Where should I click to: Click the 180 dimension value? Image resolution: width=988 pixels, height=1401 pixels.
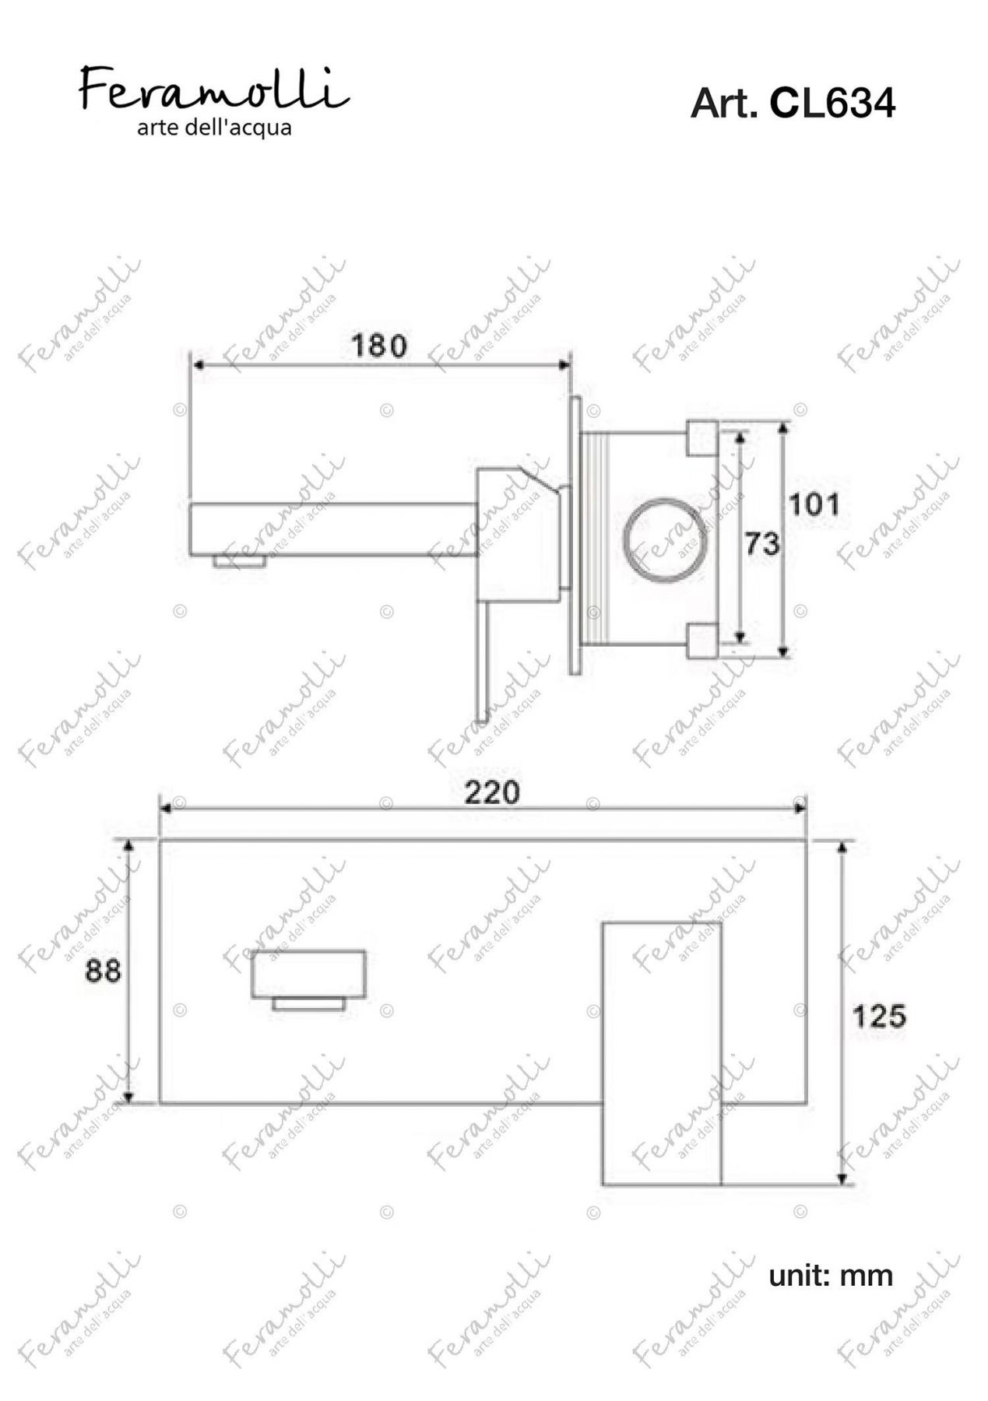[378, 345]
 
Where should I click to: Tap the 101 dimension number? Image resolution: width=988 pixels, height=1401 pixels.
[814, 504]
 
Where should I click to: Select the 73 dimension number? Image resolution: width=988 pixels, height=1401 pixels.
[762, 543]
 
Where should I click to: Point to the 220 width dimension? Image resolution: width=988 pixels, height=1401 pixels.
[492, 792]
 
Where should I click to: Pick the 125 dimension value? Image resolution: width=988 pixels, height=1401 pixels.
[879, 1016]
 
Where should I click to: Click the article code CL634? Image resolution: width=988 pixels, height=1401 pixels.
[832, 103]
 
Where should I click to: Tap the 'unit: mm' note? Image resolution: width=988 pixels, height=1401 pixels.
[831, 1276]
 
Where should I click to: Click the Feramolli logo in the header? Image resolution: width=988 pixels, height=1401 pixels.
[214, 88]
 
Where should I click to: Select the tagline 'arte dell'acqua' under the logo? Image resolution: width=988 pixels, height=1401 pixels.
[214, 127]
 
